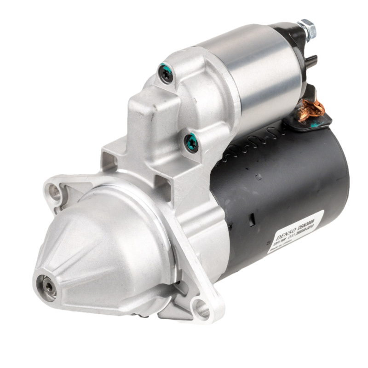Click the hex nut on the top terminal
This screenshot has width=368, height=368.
[307, 29]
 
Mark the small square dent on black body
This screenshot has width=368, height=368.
[259, 177]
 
